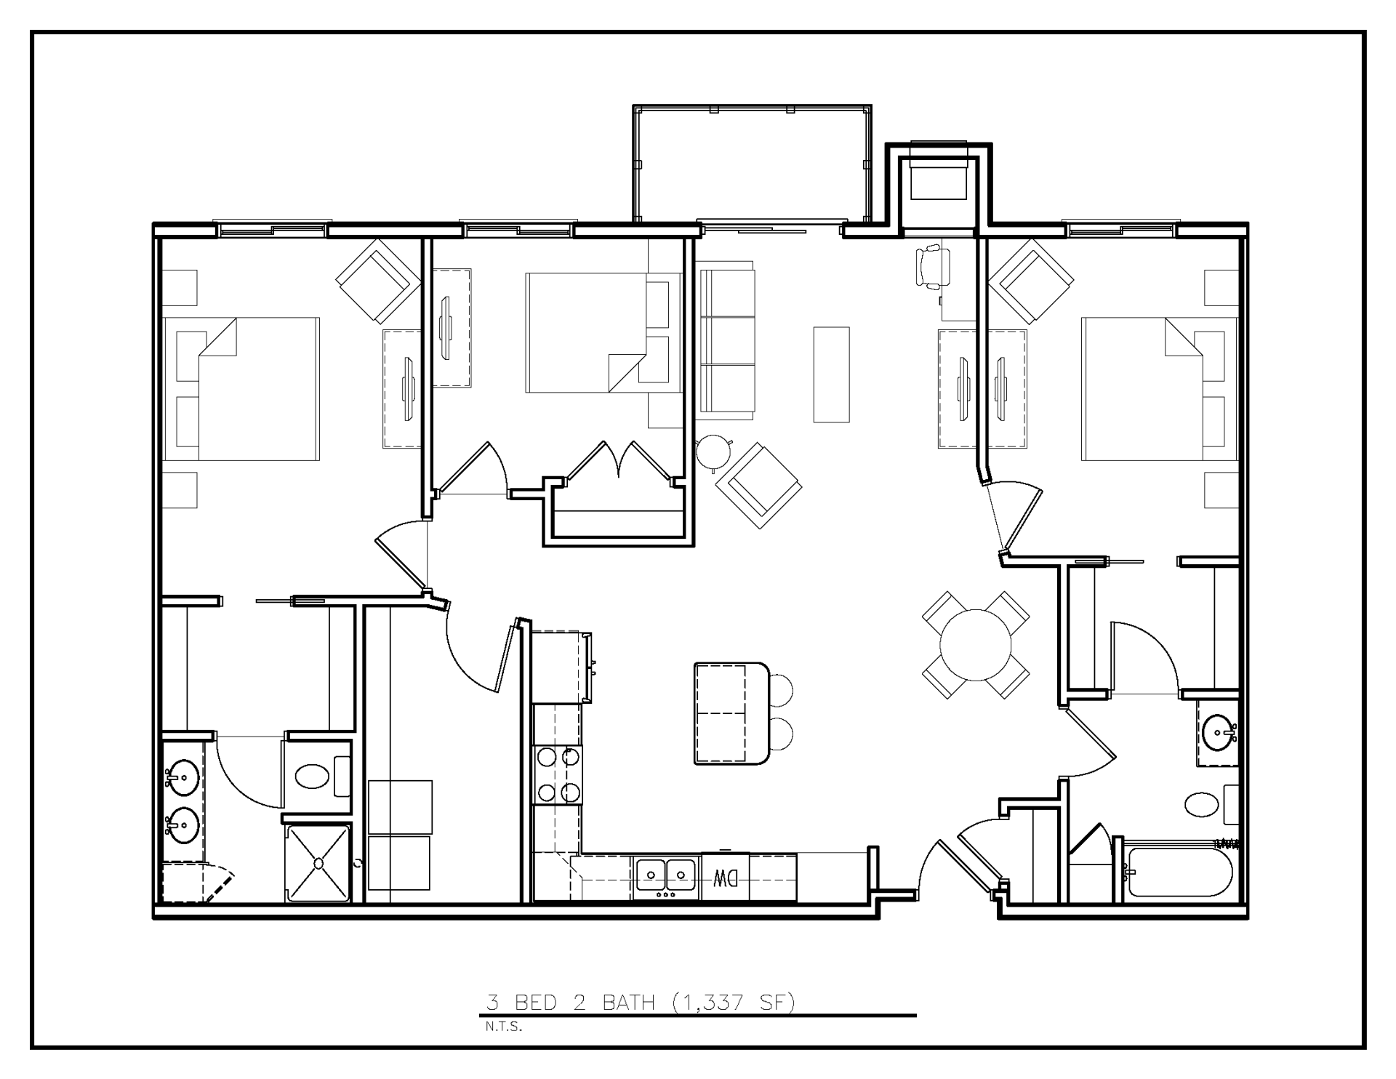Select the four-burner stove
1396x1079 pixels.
click(x=558, y=774)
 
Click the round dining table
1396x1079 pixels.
click(x=976, y=645)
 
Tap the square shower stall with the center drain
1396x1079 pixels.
click(x=318, y=863)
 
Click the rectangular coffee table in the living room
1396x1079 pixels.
click(x=831, y=374)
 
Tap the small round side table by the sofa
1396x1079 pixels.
click(x=713, y=451)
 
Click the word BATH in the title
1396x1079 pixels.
click(x=629, y=1003)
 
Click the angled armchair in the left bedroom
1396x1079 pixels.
click(x=378, y=281)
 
